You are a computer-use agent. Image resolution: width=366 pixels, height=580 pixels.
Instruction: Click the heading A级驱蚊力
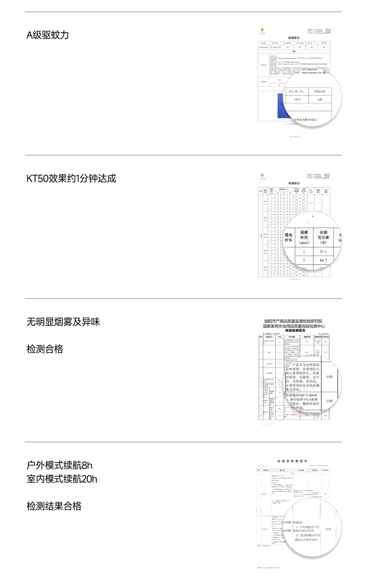pos(48,35)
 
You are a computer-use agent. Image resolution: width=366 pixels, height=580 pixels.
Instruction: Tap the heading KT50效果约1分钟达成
pos(71,179)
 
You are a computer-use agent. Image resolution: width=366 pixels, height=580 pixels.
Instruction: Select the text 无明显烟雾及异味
pos(63,322)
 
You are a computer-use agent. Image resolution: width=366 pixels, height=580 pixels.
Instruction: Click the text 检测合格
pos(45,349)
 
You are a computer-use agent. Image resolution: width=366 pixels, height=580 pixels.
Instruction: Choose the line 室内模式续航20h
pos(62,479)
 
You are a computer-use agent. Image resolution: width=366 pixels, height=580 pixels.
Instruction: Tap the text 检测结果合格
pos(54,506)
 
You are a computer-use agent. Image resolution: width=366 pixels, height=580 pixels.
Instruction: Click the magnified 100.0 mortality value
pos(297,100)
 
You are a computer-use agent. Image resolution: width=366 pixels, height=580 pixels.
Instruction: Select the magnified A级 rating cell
pos(320,100)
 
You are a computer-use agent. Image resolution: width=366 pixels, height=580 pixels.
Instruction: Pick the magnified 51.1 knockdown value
pos(323,251)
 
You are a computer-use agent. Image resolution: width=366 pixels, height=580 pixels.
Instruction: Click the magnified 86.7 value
pos(323,260)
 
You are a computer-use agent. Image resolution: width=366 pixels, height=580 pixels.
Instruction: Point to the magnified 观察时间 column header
pos(304,237)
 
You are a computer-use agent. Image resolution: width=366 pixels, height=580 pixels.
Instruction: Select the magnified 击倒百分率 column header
pos(323,237)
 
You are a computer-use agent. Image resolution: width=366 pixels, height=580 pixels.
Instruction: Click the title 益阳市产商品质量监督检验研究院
pos(293,321)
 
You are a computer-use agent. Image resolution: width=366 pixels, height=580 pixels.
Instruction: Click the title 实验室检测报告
pos(292,460)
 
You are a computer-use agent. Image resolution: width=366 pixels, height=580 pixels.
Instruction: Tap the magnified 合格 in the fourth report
pos(329,529)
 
